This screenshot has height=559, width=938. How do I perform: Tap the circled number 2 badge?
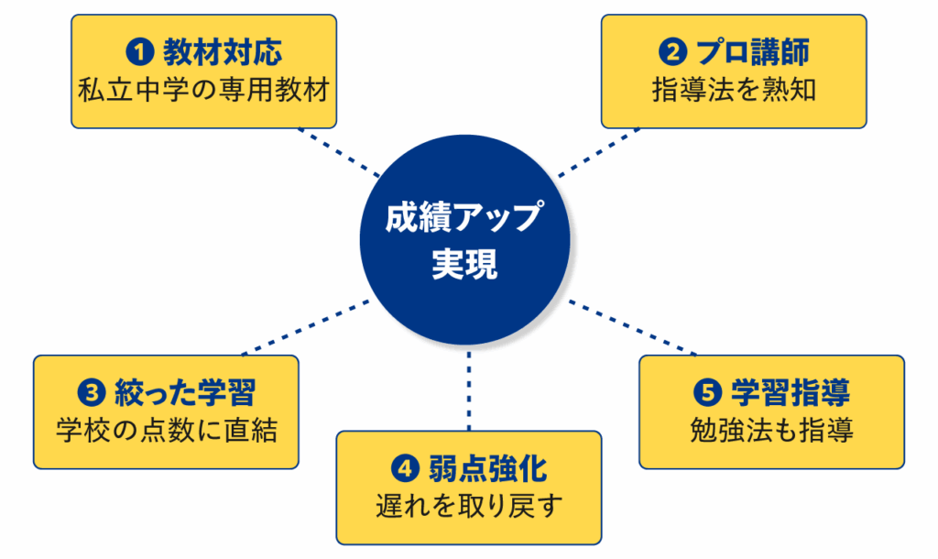tap(673, 53)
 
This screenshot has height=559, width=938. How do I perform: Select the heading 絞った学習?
tap(183, 393)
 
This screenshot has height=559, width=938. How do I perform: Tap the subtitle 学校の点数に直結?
tap(166, 431)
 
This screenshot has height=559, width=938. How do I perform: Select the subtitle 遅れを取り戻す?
tap(468, 506)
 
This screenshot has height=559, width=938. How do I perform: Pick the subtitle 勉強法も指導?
tap(771, 431)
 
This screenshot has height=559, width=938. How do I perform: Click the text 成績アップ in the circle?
tap(464, 221)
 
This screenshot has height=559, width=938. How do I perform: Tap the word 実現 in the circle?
tap(464, 266)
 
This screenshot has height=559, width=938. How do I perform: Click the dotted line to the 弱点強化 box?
tap(468, 389)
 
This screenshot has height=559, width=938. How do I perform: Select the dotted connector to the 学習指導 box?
tap(632, 327)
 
